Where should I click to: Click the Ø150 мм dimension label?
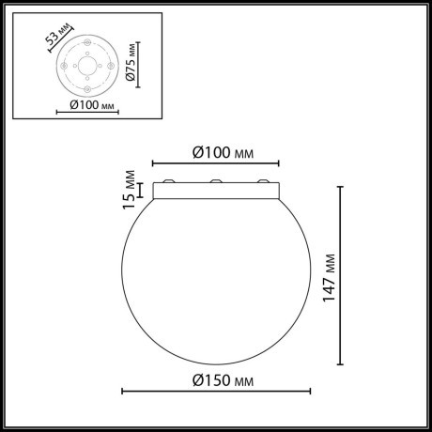pyautogui.click(x=224, y=380)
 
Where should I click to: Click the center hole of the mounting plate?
pyautogui.click(x=86, y=67)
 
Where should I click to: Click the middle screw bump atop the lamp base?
pyautogui.click(x=216, y=181)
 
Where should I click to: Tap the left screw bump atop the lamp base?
pyautogui.click(x=169, y=181)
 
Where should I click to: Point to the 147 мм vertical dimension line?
pyautogui.click(x=340, y=275)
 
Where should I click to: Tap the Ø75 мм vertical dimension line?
pyautogui.click(x=139, y=64)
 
